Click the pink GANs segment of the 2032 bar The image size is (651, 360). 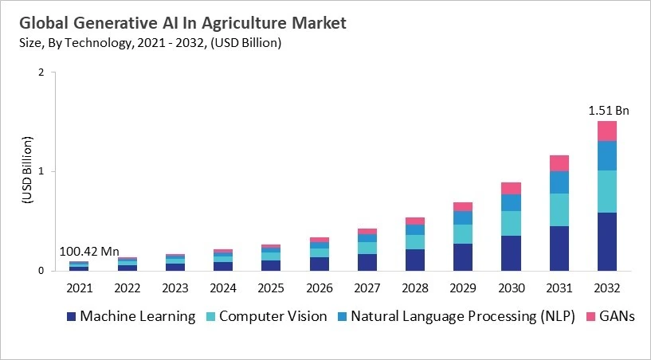pos(607,131)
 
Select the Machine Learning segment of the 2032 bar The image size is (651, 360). pos(607,241)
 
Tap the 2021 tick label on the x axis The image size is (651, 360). pos(80,288)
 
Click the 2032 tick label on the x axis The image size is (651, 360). pos(607,288)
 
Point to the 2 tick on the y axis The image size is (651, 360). pos(41,72)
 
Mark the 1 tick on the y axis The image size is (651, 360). pos(41,171)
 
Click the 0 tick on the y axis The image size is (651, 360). pos(41,271)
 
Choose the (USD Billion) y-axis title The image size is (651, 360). pos(25,171)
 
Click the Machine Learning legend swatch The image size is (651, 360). pos(73,317)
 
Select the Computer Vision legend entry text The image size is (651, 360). pos(273,316)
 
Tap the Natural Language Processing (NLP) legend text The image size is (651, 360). pos(461,316)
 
